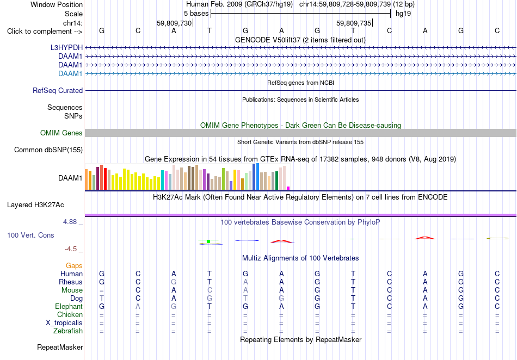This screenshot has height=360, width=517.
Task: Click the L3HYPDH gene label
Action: [x=66, y=47]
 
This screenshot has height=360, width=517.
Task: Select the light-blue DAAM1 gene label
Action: [x=70, y=73]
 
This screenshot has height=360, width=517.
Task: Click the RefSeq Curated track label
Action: [x=58, y=91]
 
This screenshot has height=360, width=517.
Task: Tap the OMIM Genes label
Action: [x=61, y=133]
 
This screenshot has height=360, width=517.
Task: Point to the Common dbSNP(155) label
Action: [x=48, y=150]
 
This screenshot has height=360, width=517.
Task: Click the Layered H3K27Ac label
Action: [x=35, y=205]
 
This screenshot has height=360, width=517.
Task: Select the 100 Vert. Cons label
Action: [x=30, y=235]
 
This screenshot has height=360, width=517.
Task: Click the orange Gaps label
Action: [x=74, y=265]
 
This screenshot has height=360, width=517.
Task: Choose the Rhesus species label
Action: [x=71, y=282]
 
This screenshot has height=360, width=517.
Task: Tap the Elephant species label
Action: [x=69, y=306]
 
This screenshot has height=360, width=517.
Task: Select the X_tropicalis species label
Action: [x=64, y=323]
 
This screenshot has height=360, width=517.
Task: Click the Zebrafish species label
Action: [x=68, y=331]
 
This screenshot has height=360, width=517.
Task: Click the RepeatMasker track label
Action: [x=60, y=347]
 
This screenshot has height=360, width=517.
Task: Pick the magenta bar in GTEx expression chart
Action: [x=288, y=188]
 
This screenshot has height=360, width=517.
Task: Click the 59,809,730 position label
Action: [x=174, y=23]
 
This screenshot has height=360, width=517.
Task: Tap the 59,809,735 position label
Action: [x=354, y=23]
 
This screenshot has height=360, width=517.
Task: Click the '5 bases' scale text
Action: [x=196, y=14]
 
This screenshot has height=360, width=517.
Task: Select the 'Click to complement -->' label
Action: [x=45, y=32]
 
